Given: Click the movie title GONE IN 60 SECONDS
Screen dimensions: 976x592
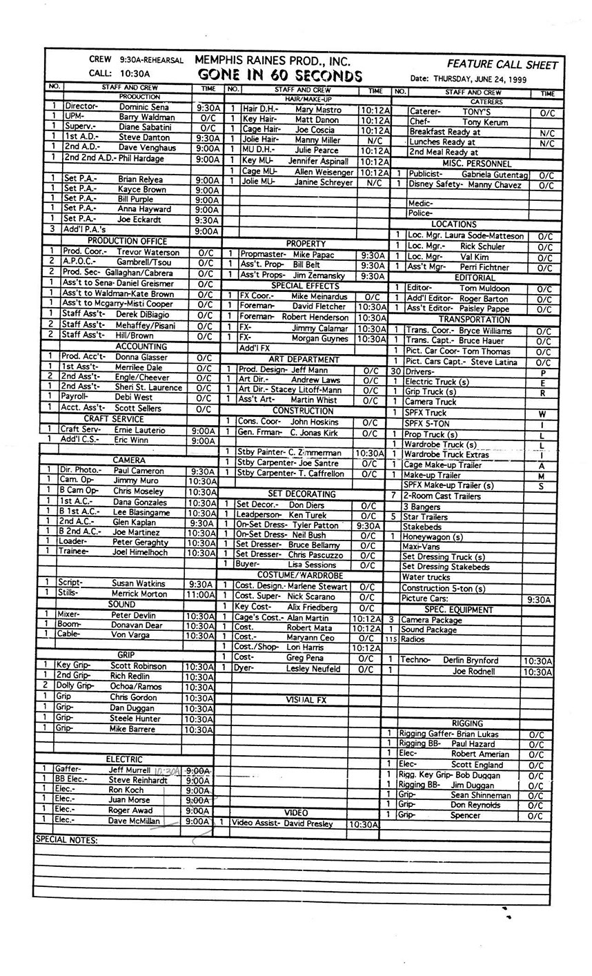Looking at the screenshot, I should pos(279,75).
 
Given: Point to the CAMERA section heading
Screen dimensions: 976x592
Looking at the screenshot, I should pos(129,460).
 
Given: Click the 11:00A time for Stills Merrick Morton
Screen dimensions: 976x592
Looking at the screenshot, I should pos(201,594).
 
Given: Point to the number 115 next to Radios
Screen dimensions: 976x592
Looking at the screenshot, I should pos(391,640).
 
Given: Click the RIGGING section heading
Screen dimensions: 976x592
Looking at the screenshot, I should pos(467,723).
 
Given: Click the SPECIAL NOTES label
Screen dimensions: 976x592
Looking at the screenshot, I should pos(66,841).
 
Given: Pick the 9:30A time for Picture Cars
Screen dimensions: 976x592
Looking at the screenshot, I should pos(538,600).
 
